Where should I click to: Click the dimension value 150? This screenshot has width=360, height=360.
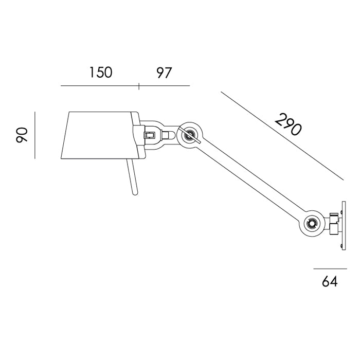click(x=100, y=73)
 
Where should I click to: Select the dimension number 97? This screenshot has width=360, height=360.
click(x=164, y=73)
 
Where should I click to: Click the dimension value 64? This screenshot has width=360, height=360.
click(x=330, y=282)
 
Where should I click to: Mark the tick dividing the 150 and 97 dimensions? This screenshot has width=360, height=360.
click(x=139, y=85)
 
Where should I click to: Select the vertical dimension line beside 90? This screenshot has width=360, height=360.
click(x=35, y=135)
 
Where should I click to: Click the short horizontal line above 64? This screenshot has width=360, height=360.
click(x=330, y=268)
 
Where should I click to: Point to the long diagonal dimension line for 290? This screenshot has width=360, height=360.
click(x=282, y=136)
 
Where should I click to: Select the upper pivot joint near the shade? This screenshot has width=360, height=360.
click(x=189, y=135)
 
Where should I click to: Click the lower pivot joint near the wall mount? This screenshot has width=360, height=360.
click(x=312, y=223)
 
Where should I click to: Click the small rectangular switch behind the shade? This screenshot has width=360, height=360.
click(x=150, y=135)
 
